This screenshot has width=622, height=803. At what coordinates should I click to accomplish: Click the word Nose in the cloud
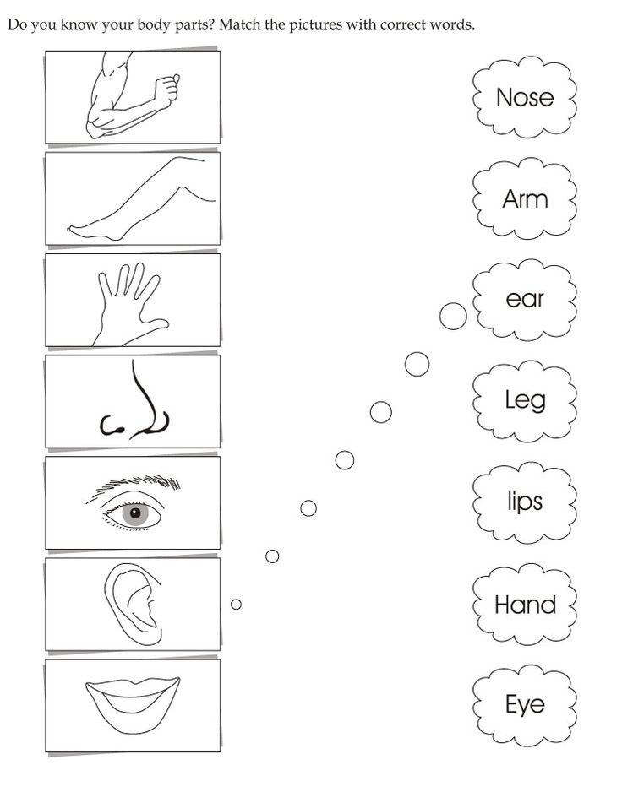point(525,97)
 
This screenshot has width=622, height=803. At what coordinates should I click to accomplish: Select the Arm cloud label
point(525,198)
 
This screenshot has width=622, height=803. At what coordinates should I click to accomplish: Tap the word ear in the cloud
point(525,299)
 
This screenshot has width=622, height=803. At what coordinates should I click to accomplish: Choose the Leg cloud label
point(525,400)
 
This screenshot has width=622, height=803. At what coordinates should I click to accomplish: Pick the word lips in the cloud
point(525,501)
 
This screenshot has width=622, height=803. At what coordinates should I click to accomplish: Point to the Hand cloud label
point(525,605)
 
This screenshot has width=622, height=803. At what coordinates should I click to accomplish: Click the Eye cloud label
point(525,705)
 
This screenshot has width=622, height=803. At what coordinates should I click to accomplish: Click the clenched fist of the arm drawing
point(167,90)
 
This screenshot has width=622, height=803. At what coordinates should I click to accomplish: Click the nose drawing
point(134,404)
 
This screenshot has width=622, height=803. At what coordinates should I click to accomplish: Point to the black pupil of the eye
point(135,513)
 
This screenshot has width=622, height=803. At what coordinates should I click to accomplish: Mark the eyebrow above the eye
point(134,485)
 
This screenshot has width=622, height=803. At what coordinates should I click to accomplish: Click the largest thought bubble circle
point(453,316)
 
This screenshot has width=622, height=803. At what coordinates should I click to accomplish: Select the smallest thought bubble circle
point(236,605)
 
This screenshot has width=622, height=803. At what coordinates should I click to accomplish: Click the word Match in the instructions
point(240,24)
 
